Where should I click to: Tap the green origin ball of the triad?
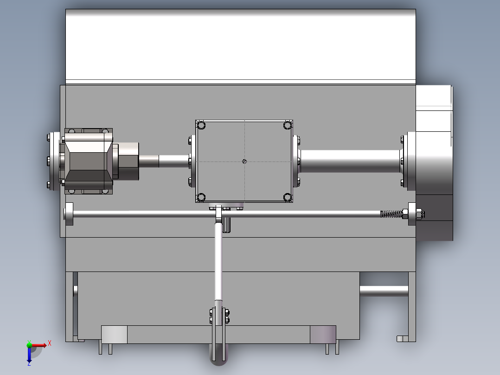coord(29,344)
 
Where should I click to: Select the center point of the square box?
coord(244,161)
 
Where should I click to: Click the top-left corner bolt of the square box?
coord(201,125)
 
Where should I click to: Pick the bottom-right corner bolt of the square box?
coord(287,198)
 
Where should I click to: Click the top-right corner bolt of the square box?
coord(287,125)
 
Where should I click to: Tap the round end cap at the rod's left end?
coord(69,214)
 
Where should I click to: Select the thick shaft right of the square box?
coord(350,161)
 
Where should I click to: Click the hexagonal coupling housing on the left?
coord(88,161)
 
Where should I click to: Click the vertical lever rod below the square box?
coord(218,265)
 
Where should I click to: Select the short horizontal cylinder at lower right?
coord(383,291)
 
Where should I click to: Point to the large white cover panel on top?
coord(240,44)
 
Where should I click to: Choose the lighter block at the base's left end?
coord(114,334)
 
